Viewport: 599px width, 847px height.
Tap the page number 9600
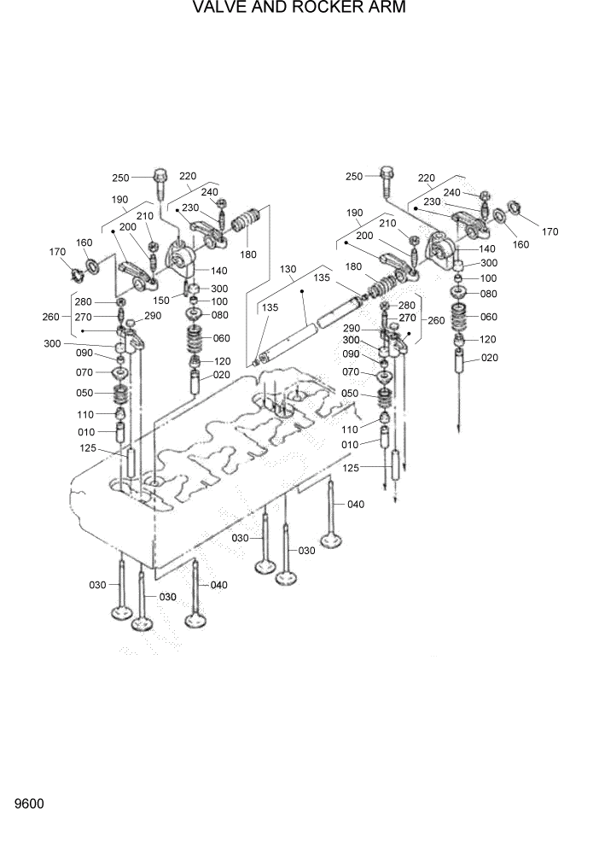coord(29,804)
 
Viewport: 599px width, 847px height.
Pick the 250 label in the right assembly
coord(353,177)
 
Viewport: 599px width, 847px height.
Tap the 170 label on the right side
coord(550,231)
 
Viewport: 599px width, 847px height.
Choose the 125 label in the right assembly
coord(352,467)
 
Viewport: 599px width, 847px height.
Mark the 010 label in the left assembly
coord(85,432)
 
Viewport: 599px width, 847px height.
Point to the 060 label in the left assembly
coord(221,338)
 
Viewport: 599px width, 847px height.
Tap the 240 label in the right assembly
coord(452,193)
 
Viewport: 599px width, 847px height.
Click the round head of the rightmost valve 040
coord(332,540)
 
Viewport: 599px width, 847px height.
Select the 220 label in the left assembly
coord(188,177)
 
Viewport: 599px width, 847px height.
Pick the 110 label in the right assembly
coord(351,429)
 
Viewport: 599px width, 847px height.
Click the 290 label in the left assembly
coord(153,316)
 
